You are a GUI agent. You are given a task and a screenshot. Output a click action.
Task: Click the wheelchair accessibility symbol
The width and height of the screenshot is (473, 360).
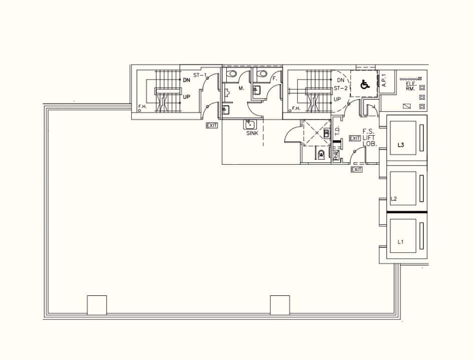[x=365, y=85]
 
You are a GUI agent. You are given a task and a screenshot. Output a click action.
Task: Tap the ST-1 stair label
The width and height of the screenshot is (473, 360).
[x=200, y=75]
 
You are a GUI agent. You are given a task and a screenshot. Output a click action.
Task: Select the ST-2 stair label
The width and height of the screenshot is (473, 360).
[x=340, y=88]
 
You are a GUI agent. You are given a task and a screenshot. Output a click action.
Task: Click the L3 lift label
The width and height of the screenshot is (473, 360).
[x=401, y=145]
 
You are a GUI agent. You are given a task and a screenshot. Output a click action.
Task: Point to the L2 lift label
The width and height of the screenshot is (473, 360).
[x=393, y=199]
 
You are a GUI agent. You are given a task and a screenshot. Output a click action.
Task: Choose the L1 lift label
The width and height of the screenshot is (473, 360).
[x=400, y=241]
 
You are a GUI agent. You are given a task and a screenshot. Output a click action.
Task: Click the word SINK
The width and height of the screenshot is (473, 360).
[x=252, y=133]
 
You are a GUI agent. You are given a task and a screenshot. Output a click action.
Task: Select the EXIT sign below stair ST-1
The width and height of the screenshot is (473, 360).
[x=212, y=125]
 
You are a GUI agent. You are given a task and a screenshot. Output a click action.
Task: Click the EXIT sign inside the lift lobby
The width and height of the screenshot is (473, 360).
[x=355, y=138]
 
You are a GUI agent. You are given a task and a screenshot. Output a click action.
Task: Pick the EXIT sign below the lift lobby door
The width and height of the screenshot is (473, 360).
[x=356, y=170]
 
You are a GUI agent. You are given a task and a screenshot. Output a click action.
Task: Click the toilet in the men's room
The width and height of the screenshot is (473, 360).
[x=231, y=74]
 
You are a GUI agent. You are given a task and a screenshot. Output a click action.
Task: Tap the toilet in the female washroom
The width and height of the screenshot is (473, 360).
[x=262, y=74]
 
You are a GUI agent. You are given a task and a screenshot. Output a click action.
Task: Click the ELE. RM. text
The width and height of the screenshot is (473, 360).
[x=411, y=86]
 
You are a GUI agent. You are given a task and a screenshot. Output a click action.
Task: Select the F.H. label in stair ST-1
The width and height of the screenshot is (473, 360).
[x=142, y=107]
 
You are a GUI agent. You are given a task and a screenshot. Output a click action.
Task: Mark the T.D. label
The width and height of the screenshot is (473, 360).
[x=337, y=131]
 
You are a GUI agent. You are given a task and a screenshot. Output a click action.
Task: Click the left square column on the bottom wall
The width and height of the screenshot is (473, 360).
[x=97, y=304]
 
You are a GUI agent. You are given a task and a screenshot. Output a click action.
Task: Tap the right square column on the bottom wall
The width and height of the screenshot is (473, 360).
[x=280, y=304]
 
